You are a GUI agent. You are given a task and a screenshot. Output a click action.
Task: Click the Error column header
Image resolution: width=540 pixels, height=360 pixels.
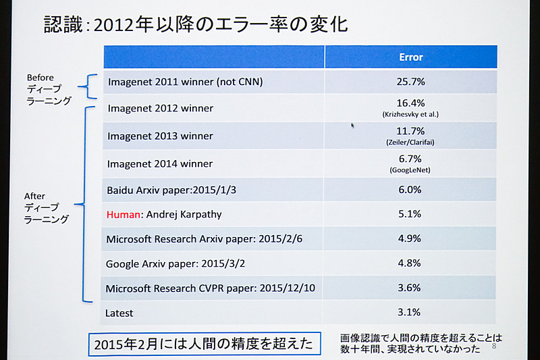pos(410,57)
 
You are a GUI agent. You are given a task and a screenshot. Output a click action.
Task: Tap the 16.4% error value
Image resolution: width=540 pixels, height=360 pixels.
pos(410,103)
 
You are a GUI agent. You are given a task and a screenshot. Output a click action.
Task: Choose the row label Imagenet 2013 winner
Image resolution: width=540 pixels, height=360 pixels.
pos(160,136)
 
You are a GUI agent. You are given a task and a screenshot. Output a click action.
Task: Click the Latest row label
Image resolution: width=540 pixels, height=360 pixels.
pos(119,313)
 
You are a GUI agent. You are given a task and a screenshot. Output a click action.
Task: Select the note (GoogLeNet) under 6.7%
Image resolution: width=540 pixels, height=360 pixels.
pos(410,170)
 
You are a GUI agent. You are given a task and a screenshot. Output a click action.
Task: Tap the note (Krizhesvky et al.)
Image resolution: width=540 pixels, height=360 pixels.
pos(410,114)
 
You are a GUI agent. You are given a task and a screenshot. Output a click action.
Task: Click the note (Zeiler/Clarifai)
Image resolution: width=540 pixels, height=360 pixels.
pos(410,142)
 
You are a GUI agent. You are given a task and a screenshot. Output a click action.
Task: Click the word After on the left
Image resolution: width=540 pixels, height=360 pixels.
pos(34,196)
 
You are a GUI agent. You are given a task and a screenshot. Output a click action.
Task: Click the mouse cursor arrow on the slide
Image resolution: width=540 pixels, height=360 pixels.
pos(352,125)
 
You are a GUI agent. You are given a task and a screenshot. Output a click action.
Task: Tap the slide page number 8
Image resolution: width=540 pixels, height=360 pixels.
pos(494,346)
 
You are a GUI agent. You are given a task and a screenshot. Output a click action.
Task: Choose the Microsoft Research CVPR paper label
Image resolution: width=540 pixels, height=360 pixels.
pos(211,289)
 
